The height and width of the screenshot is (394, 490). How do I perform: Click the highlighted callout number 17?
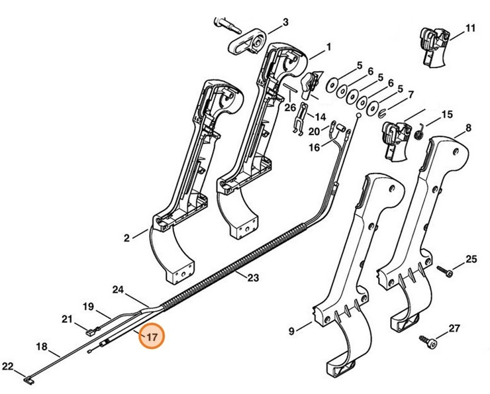tap(152, 337)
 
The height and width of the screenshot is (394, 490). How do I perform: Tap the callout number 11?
tap(470, 28)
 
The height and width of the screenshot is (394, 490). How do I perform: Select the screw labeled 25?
tap(444, 270)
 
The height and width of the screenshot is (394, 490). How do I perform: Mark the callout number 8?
tap(468, 127)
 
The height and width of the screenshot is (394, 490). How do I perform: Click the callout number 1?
tap(328, 49)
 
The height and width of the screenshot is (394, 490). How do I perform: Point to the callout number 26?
tap(290, 107)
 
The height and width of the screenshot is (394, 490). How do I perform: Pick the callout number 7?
tap(411, 95)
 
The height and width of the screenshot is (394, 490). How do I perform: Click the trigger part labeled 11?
tap(434, 46)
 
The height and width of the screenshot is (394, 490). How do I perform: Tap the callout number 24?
tap(119, 289)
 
